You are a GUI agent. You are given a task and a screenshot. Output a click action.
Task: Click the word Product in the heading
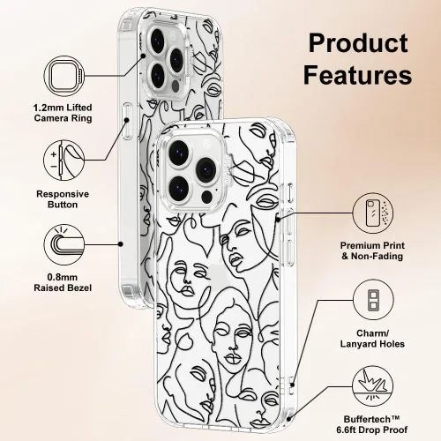358,43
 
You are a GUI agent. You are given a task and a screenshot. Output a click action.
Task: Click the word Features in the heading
357,75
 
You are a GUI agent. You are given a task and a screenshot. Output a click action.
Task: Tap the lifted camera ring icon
64,76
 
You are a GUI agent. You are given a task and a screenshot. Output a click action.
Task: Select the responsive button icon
64,161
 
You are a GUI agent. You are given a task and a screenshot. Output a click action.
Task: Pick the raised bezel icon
64,244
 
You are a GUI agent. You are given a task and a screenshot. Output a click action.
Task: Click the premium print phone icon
373,213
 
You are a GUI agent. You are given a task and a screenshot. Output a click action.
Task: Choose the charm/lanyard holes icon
373,300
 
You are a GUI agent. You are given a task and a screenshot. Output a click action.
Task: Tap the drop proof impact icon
373,386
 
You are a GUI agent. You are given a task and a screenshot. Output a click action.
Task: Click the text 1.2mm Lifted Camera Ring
63,113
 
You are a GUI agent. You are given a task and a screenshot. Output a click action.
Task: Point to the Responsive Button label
63,199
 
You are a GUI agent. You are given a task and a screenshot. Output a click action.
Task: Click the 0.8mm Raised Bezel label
63,282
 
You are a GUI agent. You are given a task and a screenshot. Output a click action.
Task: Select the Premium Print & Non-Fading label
372,250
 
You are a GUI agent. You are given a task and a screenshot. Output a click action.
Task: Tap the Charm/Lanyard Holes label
372,339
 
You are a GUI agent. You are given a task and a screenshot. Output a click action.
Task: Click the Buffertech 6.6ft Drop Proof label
372,424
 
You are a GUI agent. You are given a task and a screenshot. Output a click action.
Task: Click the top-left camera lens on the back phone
158,41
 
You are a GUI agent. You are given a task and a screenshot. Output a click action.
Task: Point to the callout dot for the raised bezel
120,244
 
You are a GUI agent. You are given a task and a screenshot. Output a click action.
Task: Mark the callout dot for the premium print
279,219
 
